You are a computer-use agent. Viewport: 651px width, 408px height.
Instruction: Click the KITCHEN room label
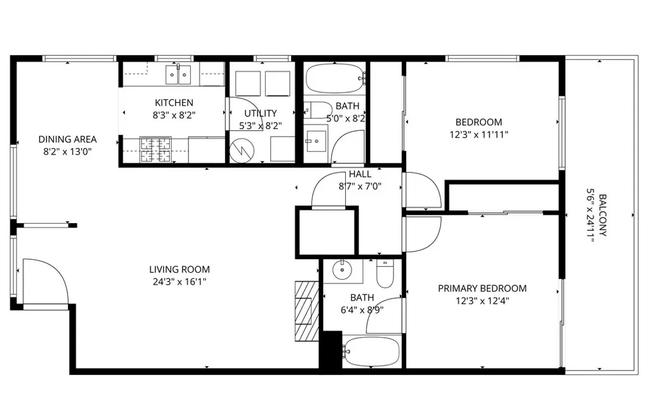[x=174, y=103]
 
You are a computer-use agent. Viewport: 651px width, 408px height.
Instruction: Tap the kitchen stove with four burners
[x=153, y=149]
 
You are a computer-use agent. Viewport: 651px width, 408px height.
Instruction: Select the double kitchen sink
[x=179, y=75]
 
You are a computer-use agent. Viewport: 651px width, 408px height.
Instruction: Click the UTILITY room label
[x=260, y=114]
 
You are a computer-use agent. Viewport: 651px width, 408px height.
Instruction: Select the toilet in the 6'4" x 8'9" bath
[x=385, y=273]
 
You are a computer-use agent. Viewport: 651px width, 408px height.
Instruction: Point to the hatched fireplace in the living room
[x=307, y=311]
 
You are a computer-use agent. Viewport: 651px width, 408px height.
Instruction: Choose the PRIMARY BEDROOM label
[x=482, y=289]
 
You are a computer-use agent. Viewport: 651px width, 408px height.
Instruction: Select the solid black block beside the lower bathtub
[x=330, y=351]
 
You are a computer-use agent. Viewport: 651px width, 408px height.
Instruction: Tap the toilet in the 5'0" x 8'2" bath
[x=317, y=109]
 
